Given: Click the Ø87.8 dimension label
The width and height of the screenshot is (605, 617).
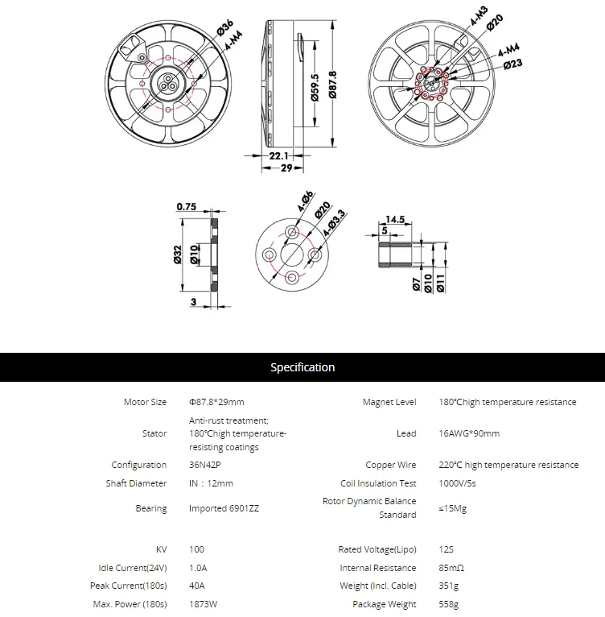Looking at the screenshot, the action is (332, 85).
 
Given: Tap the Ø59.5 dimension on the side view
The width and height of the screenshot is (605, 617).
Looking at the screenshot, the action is (315, 87).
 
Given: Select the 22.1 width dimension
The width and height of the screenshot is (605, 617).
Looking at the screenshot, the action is (278, 155).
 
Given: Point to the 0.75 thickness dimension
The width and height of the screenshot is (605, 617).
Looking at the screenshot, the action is (187, 206).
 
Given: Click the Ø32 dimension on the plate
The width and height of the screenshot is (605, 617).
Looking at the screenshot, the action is (178, 255).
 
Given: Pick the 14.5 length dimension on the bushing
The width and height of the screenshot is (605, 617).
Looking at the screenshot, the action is (395, 219).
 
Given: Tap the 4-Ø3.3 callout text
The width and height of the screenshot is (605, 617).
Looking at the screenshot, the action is (334, 223).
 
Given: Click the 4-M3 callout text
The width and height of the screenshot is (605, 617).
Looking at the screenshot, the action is (479, 17).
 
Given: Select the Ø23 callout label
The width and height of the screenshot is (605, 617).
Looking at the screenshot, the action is (513, 64).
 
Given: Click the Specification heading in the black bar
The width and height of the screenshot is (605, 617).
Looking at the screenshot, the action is (302, 367).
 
